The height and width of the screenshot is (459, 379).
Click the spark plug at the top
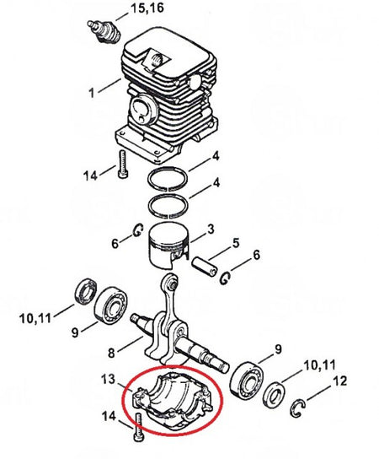[x=104, y=32]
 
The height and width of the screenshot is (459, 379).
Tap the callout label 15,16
[x=147, y=8]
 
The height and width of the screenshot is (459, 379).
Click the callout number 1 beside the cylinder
[x=92, y=93]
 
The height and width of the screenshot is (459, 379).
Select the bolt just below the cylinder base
[x=123, y=164]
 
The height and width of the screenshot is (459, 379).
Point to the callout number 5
[x=235, y=244]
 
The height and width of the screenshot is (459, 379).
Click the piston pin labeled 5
[x=205, y=266]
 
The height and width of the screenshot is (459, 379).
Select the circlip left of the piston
[x=137, y=230]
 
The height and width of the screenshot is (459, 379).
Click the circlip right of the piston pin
[x=225, y=278]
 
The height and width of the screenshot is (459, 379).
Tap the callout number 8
[x=111, y=353]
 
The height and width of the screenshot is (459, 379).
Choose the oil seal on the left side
[x=85, y=291]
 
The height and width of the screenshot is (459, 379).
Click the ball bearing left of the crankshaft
[x=110, y=305]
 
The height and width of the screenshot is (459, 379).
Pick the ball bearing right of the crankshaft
[x=247, y=381]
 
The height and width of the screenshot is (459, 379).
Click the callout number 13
[x=108, y=380]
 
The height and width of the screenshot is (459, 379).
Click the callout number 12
[x=339, y=381]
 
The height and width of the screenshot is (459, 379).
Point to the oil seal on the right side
[x=274, y=396]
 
